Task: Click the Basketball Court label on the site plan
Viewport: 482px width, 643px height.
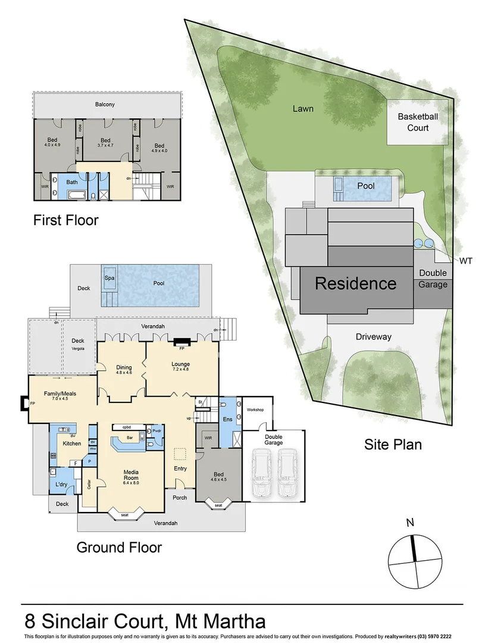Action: point(417,122)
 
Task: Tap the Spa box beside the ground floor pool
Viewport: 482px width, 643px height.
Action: point(109,278)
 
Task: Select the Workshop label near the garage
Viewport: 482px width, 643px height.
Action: point(255,410)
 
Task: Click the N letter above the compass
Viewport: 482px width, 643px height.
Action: point(410,523)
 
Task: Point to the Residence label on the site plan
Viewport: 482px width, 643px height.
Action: point(355,283)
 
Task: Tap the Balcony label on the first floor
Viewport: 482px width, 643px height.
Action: point(105,105)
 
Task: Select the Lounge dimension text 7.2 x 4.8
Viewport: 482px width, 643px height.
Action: point(180,369)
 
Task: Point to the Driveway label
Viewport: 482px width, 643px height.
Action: point(374,337)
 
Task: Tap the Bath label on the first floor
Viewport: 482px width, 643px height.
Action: point(72,182)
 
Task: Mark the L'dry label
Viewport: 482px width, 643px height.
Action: point(61,485)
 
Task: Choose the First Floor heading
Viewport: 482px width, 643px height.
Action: point(65,221)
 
